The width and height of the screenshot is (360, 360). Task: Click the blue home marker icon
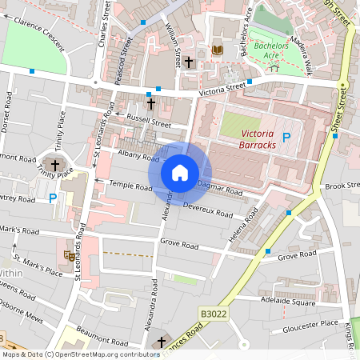tap(180, 172)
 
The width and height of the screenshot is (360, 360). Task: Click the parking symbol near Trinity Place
tap(53, 198)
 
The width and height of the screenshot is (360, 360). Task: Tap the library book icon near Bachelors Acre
tap(217, 50)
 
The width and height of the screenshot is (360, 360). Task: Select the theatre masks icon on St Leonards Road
tap(69, 256)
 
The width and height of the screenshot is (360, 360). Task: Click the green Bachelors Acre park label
tap(270, 51)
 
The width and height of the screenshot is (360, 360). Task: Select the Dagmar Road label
tap(220, 189)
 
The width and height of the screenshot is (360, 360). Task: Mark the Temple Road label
tap(130, 186)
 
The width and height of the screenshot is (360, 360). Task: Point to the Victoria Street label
tap(223, 86)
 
